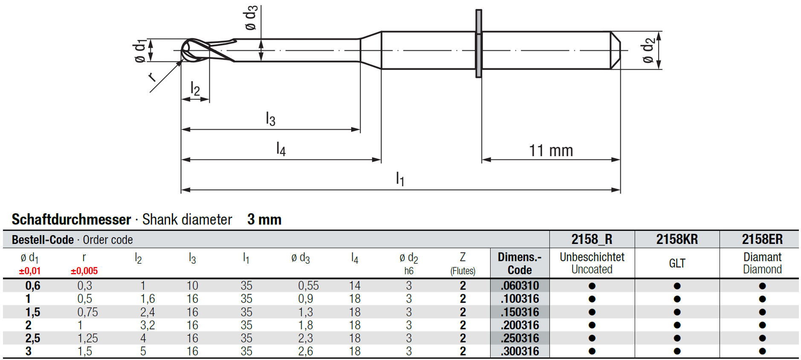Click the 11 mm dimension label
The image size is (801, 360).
[551, 151]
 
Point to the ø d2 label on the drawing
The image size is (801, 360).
[648, 50]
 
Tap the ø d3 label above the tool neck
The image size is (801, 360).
[251, 18]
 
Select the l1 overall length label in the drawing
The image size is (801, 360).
[400, 178]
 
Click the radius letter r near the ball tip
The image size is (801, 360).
[152, 77]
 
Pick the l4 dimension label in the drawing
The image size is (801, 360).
[280, 148]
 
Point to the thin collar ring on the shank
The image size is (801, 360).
[479, 44]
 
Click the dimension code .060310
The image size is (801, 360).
[520, 285]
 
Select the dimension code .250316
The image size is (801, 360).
[520, 338]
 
